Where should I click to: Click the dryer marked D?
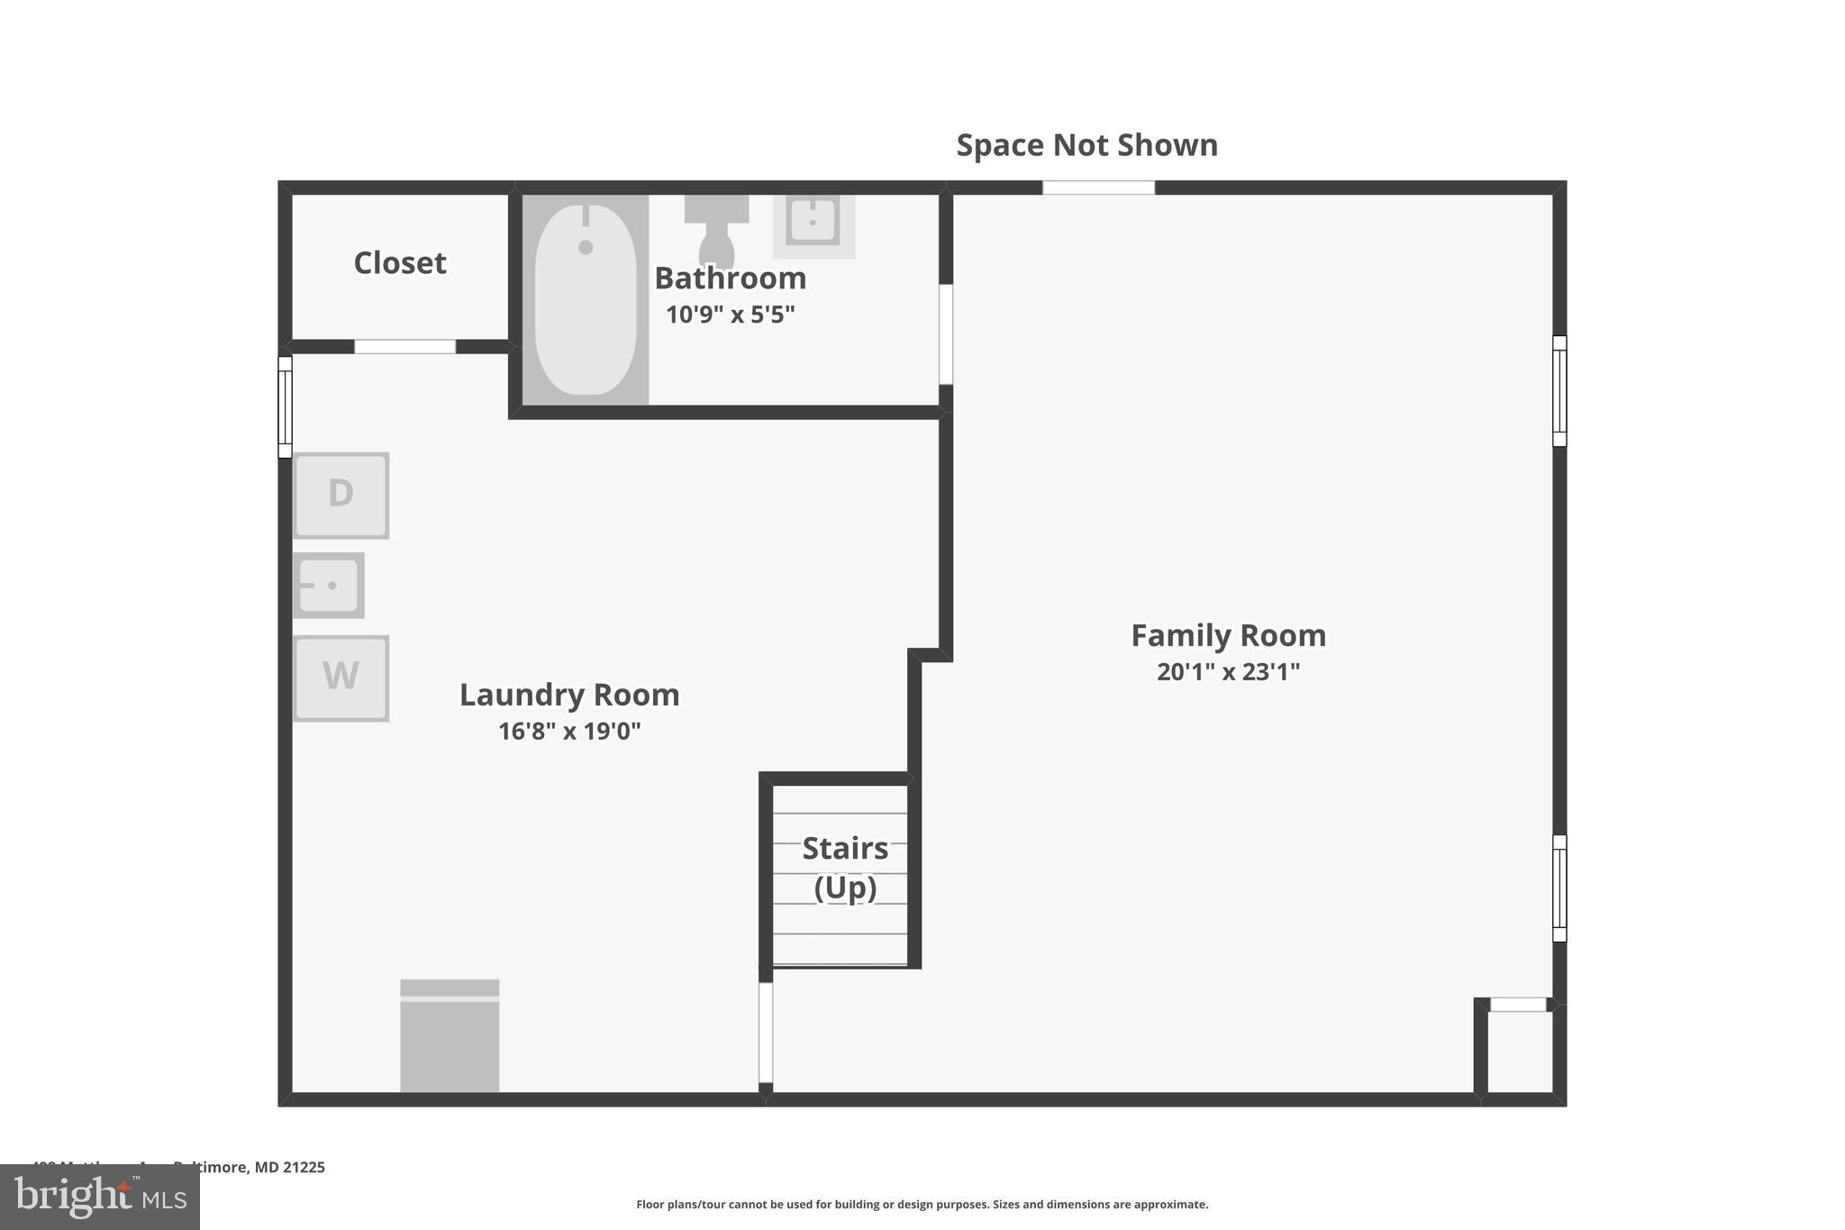coord(341,495)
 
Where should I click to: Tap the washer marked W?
coord(341,678)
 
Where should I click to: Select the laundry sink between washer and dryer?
coord(328,585)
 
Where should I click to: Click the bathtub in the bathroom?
coord(586,299)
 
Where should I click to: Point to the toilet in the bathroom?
coord(716,231)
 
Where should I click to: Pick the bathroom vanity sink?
coord(813,222)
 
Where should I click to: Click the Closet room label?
coord(399,263)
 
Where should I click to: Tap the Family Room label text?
coord(1228,635)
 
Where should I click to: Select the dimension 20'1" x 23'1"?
coord(1228,672)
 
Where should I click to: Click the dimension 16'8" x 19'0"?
coord(569,731)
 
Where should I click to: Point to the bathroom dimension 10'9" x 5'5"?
coord(730,314)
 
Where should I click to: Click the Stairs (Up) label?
coord(844,867)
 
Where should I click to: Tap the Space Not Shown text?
coord(1086,145)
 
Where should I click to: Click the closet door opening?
coord(404,347)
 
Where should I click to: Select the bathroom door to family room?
coord(945,334)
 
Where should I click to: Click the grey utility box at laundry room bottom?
coord(450,1036)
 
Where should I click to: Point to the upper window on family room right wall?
coord(1559,390)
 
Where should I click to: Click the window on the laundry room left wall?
coord(285,406)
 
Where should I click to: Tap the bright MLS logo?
coord(99,1197)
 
